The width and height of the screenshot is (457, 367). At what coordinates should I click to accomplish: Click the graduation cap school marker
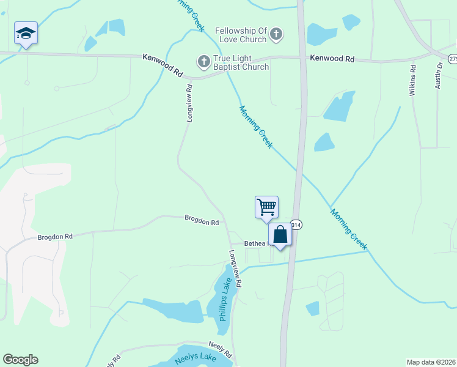coord(26,33)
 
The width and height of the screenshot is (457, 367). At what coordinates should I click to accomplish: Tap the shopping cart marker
coord(266,207)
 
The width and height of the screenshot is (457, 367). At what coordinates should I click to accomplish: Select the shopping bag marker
coord(280,235)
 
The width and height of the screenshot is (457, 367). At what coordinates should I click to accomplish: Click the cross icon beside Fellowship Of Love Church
coord(276,34)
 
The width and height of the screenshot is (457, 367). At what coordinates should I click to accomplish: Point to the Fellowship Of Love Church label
coord(241,35)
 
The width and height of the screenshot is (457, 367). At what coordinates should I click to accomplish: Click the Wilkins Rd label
coord(414,76)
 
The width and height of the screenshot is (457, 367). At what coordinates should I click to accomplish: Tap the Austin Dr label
coord(439,75)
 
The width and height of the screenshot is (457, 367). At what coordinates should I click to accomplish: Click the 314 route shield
coord(296,225)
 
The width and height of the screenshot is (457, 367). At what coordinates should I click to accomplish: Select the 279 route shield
coord(452,58)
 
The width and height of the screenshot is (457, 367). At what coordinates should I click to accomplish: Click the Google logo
coord(20,360)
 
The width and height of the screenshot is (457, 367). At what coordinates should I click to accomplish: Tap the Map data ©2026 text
coord(431,361)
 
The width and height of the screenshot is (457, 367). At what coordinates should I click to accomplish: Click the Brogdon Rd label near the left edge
coord(55,237)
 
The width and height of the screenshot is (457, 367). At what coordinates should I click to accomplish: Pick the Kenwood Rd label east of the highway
coord(332,59)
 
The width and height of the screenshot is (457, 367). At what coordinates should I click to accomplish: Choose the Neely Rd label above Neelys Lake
coord(220,349)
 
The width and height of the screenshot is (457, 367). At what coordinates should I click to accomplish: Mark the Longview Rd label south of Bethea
coord(236,269)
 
